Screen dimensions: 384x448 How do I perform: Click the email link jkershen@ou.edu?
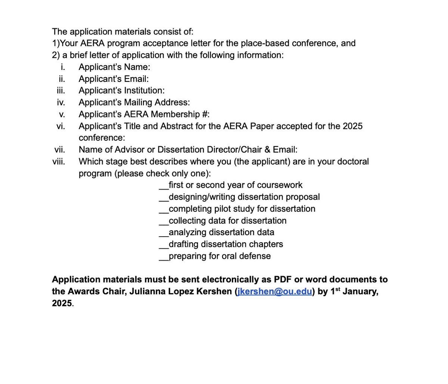pos(274,292)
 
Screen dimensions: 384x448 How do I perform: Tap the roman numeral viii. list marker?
pos(59,162)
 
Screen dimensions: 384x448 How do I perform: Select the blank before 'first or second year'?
pos(164,185)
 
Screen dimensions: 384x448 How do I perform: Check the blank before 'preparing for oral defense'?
pos(164,256)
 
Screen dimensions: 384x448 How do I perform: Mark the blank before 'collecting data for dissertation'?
pos(164,221)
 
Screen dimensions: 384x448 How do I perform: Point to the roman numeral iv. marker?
pos(60,102)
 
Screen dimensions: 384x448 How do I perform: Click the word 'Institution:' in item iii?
pos(143,91)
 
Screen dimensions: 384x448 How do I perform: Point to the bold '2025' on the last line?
pos(62,303)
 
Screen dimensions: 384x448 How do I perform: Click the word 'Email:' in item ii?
pos(136,79)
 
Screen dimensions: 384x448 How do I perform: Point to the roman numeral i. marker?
pos(63,67)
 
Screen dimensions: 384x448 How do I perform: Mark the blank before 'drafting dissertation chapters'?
pos(164,245)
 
